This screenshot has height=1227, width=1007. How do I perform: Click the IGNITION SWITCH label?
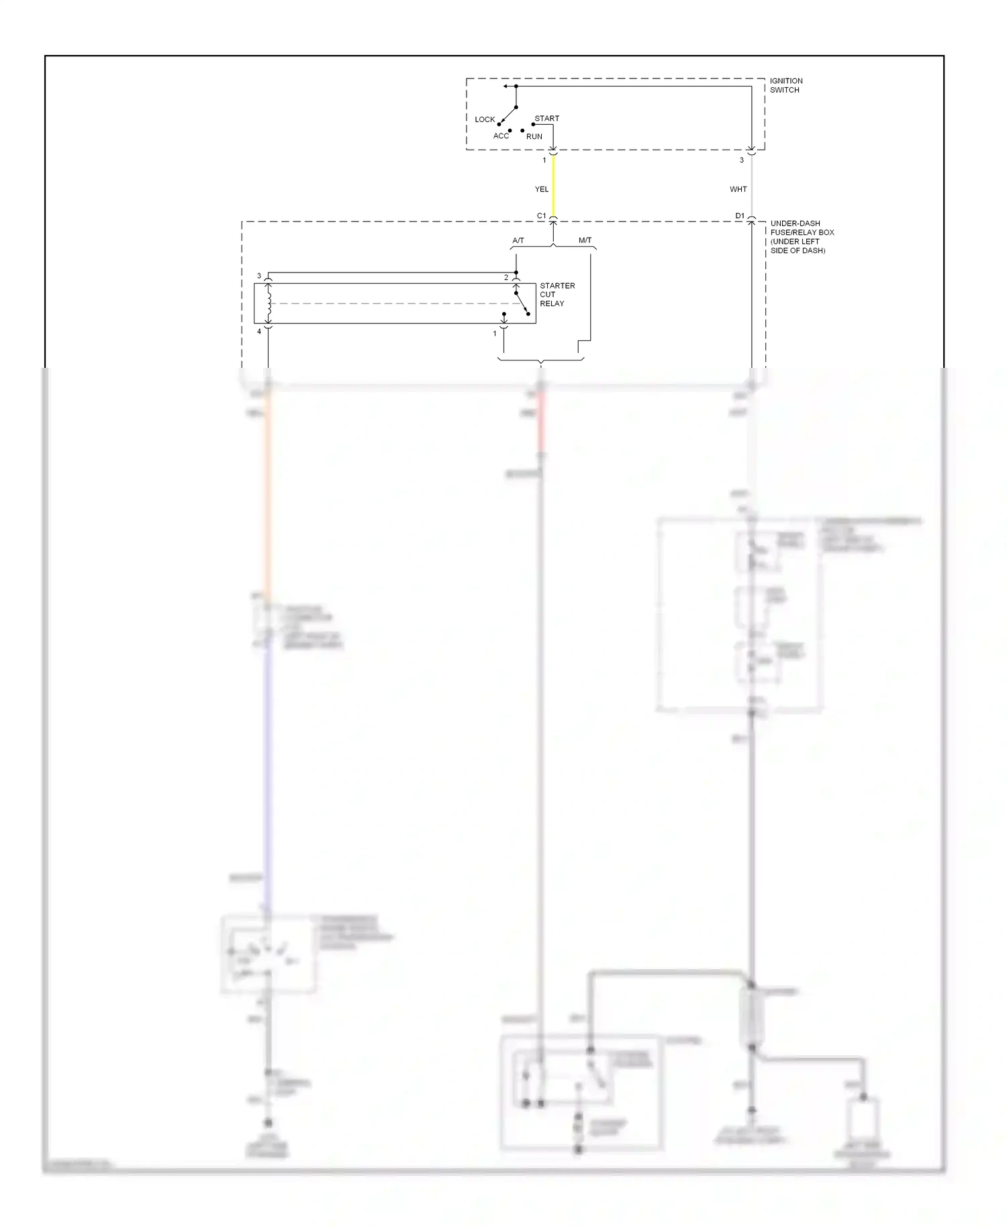[785, 85]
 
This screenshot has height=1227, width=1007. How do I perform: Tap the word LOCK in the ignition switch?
[485, 119]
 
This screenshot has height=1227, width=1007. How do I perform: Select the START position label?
[546, 118]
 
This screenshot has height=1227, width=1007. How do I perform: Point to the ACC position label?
[501, 136]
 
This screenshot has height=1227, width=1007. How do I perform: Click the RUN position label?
[534, 136]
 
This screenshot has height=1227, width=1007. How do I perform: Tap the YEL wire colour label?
[542, 189]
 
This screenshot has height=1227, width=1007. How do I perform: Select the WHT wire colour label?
[738, 189]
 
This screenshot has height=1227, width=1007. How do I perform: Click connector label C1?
[541, 216]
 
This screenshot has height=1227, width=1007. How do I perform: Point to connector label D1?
[739, 216]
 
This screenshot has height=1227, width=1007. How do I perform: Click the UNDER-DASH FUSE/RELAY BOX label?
[802, 236]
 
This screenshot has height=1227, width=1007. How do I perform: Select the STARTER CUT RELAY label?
[557, 295]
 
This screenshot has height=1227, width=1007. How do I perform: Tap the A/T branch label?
[518, 240]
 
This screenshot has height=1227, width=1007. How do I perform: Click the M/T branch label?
[585, 240]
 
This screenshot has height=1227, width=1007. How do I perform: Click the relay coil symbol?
[269, 303]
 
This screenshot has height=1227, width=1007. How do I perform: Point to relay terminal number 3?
[259, 276]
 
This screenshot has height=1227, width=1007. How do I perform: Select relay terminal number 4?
[259, 332]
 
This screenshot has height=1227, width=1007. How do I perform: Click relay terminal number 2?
[506, 277]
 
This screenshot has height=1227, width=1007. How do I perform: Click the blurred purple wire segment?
[268, 758]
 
